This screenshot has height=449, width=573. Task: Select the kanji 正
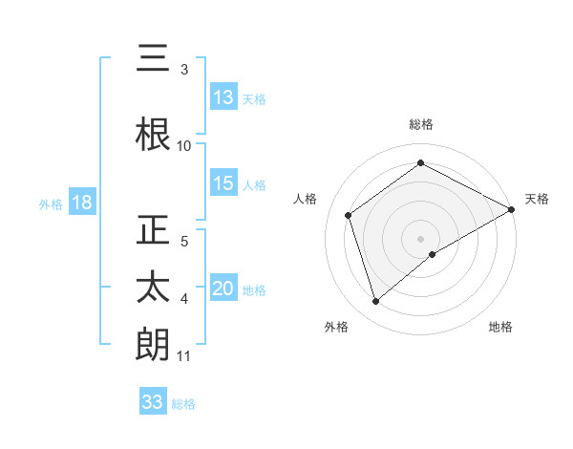(x=153, y=231)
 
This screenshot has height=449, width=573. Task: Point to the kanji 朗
(x=153, y=345)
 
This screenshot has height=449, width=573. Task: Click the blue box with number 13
(x=223, y=97)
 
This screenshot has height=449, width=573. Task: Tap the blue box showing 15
(x=223, y=184)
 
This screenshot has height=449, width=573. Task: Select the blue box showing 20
(x=223, y=289)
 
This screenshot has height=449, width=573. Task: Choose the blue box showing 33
(x=153, y=402)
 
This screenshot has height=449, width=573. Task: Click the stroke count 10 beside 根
(x=184, y=146)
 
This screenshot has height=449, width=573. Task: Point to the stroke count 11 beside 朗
(x=184, y=357)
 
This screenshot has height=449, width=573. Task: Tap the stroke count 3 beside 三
(x=184, y=70)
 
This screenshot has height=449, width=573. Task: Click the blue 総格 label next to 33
(x=184, y=404)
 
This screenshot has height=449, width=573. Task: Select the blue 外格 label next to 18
(x=50, y=204)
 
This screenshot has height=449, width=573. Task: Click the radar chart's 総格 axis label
(x=420, y=124)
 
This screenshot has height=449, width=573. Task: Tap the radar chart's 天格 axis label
(x=537, y=199)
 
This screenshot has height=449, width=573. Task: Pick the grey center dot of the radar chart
(x=420, y=237)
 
